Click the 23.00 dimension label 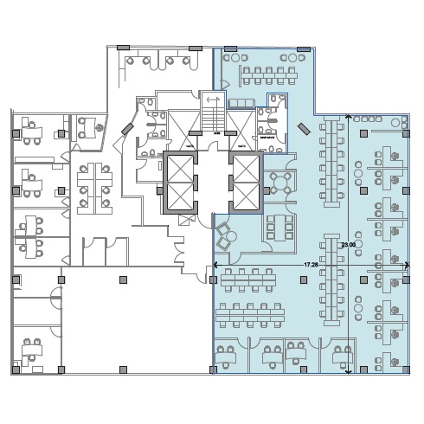(348, 245)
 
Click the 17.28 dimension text (311, 265)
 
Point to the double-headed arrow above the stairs (213, 100)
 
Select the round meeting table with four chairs (280, 183)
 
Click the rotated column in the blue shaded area (304, 129)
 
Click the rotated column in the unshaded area (127, 129)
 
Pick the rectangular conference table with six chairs (279, 228)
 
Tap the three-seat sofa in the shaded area (241, 103)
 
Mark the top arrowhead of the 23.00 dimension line (349, 117)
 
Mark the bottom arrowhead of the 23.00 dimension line (349, 372)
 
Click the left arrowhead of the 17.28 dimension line (215, 265)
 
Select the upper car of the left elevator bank (180, 169)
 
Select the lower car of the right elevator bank (246, 196)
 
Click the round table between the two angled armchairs (231, 237)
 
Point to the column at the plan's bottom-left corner (16, 369)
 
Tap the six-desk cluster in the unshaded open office (94, 189)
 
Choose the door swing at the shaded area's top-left (224, 84)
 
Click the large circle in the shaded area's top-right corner (395, 123)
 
